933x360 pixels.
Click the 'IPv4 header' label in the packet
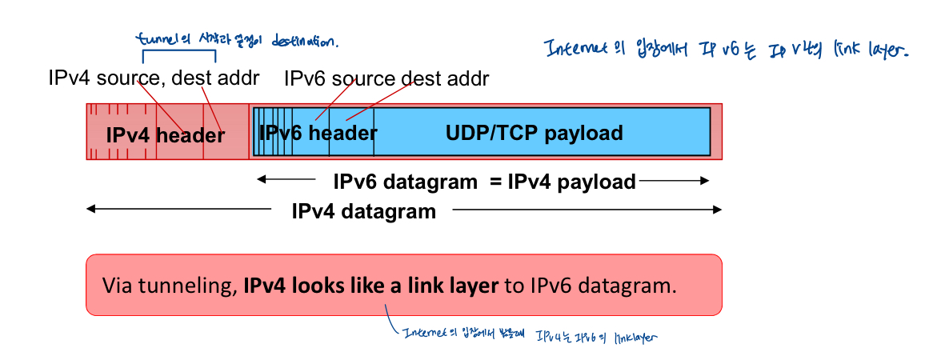pos(166,135)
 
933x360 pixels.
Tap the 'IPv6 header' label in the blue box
pos(318,133)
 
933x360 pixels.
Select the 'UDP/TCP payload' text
pos(534,133)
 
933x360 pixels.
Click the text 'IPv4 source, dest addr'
pos(154,79)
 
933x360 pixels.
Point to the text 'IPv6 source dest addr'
pos(386,79)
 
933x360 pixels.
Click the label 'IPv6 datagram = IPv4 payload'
pos(484,182)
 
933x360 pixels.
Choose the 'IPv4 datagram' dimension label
pos(364,211)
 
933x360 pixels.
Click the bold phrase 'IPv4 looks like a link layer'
pos(371,286)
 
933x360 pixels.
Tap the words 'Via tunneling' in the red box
pos(167,286)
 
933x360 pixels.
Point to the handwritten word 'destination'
pos(305,40)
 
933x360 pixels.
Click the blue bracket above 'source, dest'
pos(179,54)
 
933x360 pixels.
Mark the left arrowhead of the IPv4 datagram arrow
pos(90,210)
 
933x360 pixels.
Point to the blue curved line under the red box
pos(391,324)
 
